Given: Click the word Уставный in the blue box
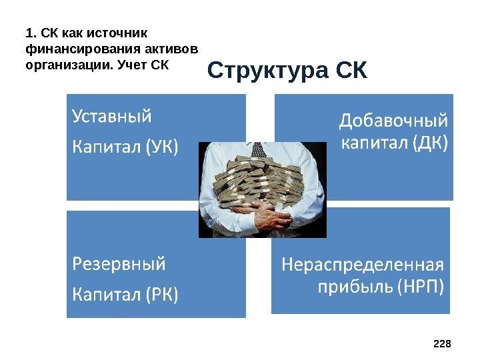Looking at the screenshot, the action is [111, 117].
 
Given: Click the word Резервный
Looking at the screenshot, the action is [119, 264].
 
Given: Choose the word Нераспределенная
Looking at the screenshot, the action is [364, 265].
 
